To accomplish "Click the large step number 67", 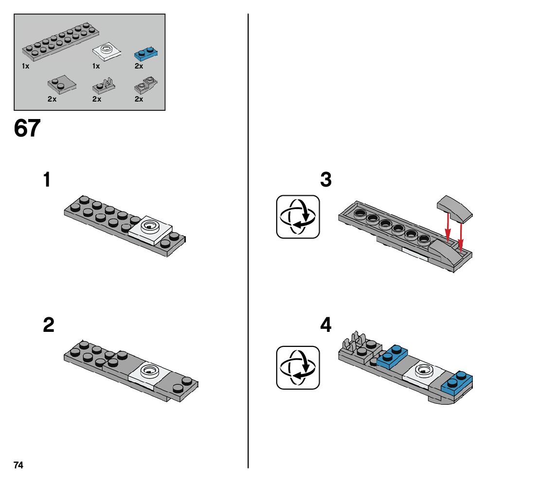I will pos(27,129).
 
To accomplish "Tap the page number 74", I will pos(18,465).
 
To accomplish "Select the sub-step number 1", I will pos(47,180).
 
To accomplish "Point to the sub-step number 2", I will pos(48,325).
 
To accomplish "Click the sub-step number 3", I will pos(325,180).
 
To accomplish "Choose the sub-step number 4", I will pos(325,325).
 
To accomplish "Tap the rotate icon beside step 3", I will pos(298,217).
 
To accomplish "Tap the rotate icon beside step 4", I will pos(298,367).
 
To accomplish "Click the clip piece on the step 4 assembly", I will pos(354,342).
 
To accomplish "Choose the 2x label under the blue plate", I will pos(139,66).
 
